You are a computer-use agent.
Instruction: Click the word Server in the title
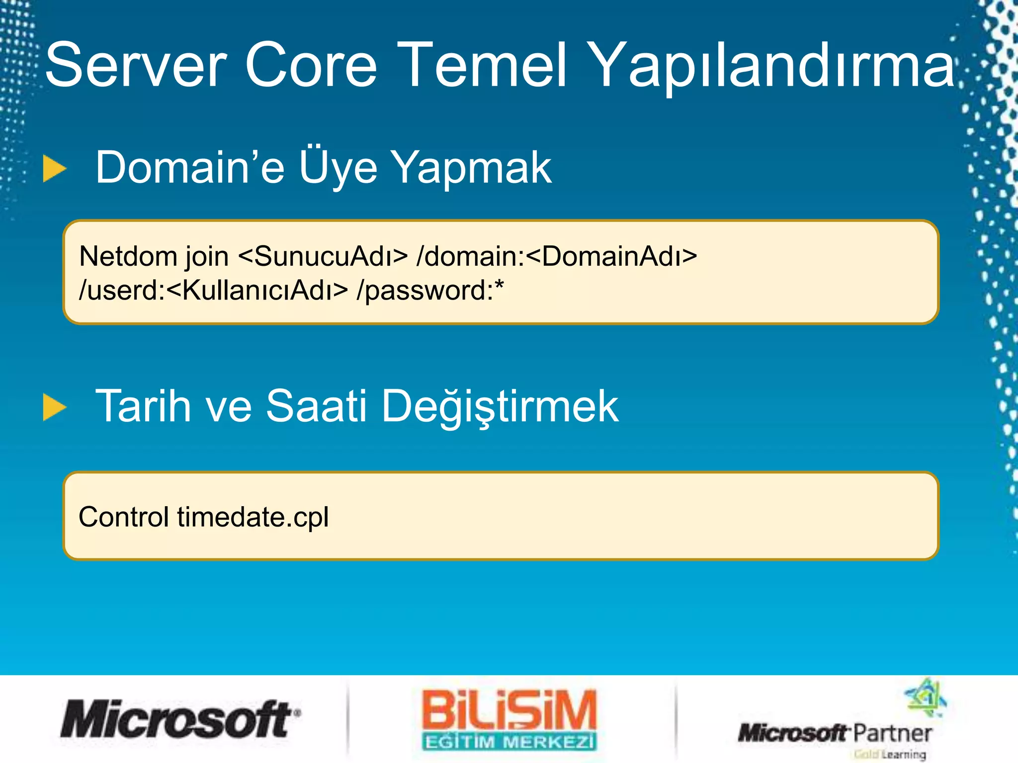pyautogui.click(x=136, y=66)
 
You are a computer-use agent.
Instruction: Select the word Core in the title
pyautogui.click(x=311, y=66)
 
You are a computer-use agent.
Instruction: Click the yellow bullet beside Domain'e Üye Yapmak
pyautogui.click(x=54, y=169)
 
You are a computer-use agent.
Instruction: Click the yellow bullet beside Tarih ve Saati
pyautogui.click(x=54, y=407)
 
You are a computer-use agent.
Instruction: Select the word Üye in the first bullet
pyautogui.click(x=338, y=168)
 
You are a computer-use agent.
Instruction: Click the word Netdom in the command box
pyautogui.click(x=128, y=257)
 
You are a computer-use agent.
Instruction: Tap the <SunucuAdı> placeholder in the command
pyautogui.click(x=323, y=257)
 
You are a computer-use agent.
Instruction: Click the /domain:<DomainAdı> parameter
pyautogui.click(x=557, y=257)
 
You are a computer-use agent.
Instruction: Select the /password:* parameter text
pyautogui.click(x=430, y=291)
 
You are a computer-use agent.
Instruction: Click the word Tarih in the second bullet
pyautogui.click(x=143, y=406)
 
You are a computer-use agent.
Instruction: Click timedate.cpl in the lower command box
pyautogui.click(x=253, y=518)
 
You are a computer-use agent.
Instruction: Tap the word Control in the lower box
pyautogui.click(x=124, y=517)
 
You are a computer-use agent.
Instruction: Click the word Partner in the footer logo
pyautogui.click(x=892, y=733)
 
